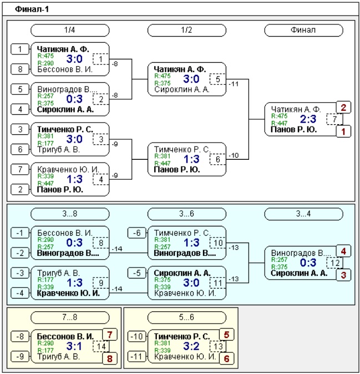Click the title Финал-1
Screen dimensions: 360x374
(x=32, y=9)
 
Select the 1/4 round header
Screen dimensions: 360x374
(x=70, y=30)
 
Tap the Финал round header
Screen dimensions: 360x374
(x=303, y=30)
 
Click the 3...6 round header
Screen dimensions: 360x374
(x=187, y=214)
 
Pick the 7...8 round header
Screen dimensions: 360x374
(x=70, y=317)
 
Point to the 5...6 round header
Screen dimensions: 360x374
(x=187, y=317)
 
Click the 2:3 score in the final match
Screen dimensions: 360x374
(x=308, y=119)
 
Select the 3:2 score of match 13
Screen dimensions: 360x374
(x=191, y=346)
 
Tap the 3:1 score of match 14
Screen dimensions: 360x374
(x=74, y=346)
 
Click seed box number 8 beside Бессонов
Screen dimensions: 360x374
(x=20, y=69)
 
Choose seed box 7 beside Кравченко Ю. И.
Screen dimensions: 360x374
(x=20, y=169)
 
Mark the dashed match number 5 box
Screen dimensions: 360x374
(x=217, y=79)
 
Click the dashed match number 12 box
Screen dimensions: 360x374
(x=334, y=263)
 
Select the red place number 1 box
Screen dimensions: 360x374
(x=343, y=132)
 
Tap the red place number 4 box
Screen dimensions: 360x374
(x=343, y=251)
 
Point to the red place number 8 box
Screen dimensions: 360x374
(x=110, y=358)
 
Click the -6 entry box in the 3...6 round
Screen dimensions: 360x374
(x=137, y=233)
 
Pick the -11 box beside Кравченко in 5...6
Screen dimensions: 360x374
(x=137, y=357)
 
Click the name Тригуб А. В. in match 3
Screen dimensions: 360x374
(x=58, y=150)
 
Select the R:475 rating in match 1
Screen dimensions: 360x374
(x=45, y=56)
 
